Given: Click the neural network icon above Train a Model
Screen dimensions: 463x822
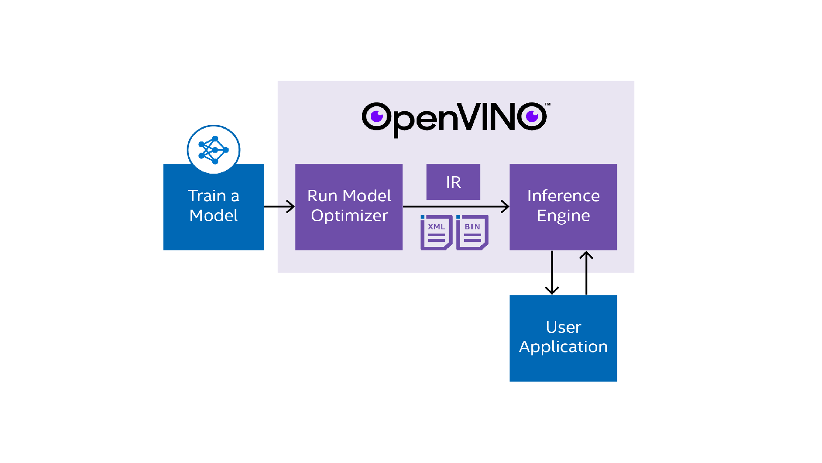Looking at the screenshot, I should [x=214, y=150].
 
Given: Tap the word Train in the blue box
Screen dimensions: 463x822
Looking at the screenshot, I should [x=207, y=196].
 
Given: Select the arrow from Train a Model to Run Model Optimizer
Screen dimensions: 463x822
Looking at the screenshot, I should [x=279, y=207].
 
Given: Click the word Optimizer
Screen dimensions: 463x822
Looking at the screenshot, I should [x=349, y=216].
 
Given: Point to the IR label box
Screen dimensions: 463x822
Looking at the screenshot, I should [x=453, y=182].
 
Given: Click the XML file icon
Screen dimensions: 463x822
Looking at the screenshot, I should [x=436, y=232].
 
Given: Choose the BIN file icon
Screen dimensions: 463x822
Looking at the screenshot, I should [x=472, y=232].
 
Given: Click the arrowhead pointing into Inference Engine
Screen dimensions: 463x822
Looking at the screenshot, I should [x=506, y=207].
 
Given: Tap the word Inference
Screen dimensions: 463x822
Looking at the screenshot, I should [x=563, y=196].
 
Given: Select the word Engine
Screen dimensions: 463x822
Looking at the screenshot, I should [x=563, y=216].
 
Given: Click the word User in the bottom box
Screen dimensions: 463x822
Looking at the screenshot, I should [x=563, y=328].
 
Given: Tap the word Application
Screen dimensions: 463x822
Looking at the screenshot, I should [x=563, y=347].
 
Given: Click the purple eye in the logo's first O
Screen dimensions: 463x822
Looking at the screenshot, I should [x=377, y=116].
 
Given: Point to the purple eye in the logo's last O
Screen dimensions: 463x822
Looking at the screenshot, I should [x=532, y=116].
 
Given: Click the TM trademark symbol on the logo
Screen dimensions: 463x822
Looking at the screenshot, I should [x=548, y=104].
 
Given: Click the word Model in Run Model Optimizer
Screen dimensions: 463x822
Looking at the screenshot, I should [x=367, y=196].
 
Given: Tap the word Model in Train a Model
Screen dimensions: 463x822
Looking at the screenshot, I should [x=213, y=216].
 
